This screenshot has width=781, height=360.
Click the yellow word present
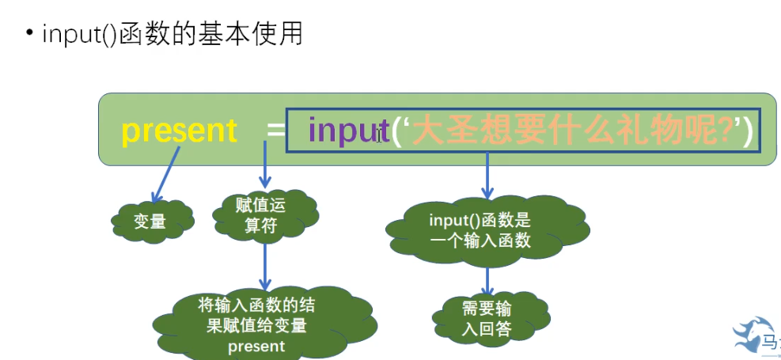tap(180, 131)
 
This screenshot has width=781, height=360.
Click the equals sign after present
tap(275, 131)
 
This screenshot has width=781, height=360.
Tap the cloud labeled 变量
tap(150, 222)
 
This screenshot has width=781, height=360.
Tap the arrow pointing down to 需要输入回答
tap(487, 281)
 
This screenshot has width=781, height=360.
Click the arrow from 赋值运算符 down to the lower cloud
tap(265, 265)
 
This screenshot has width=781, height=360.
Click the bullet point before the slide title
tap(29, 34)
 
